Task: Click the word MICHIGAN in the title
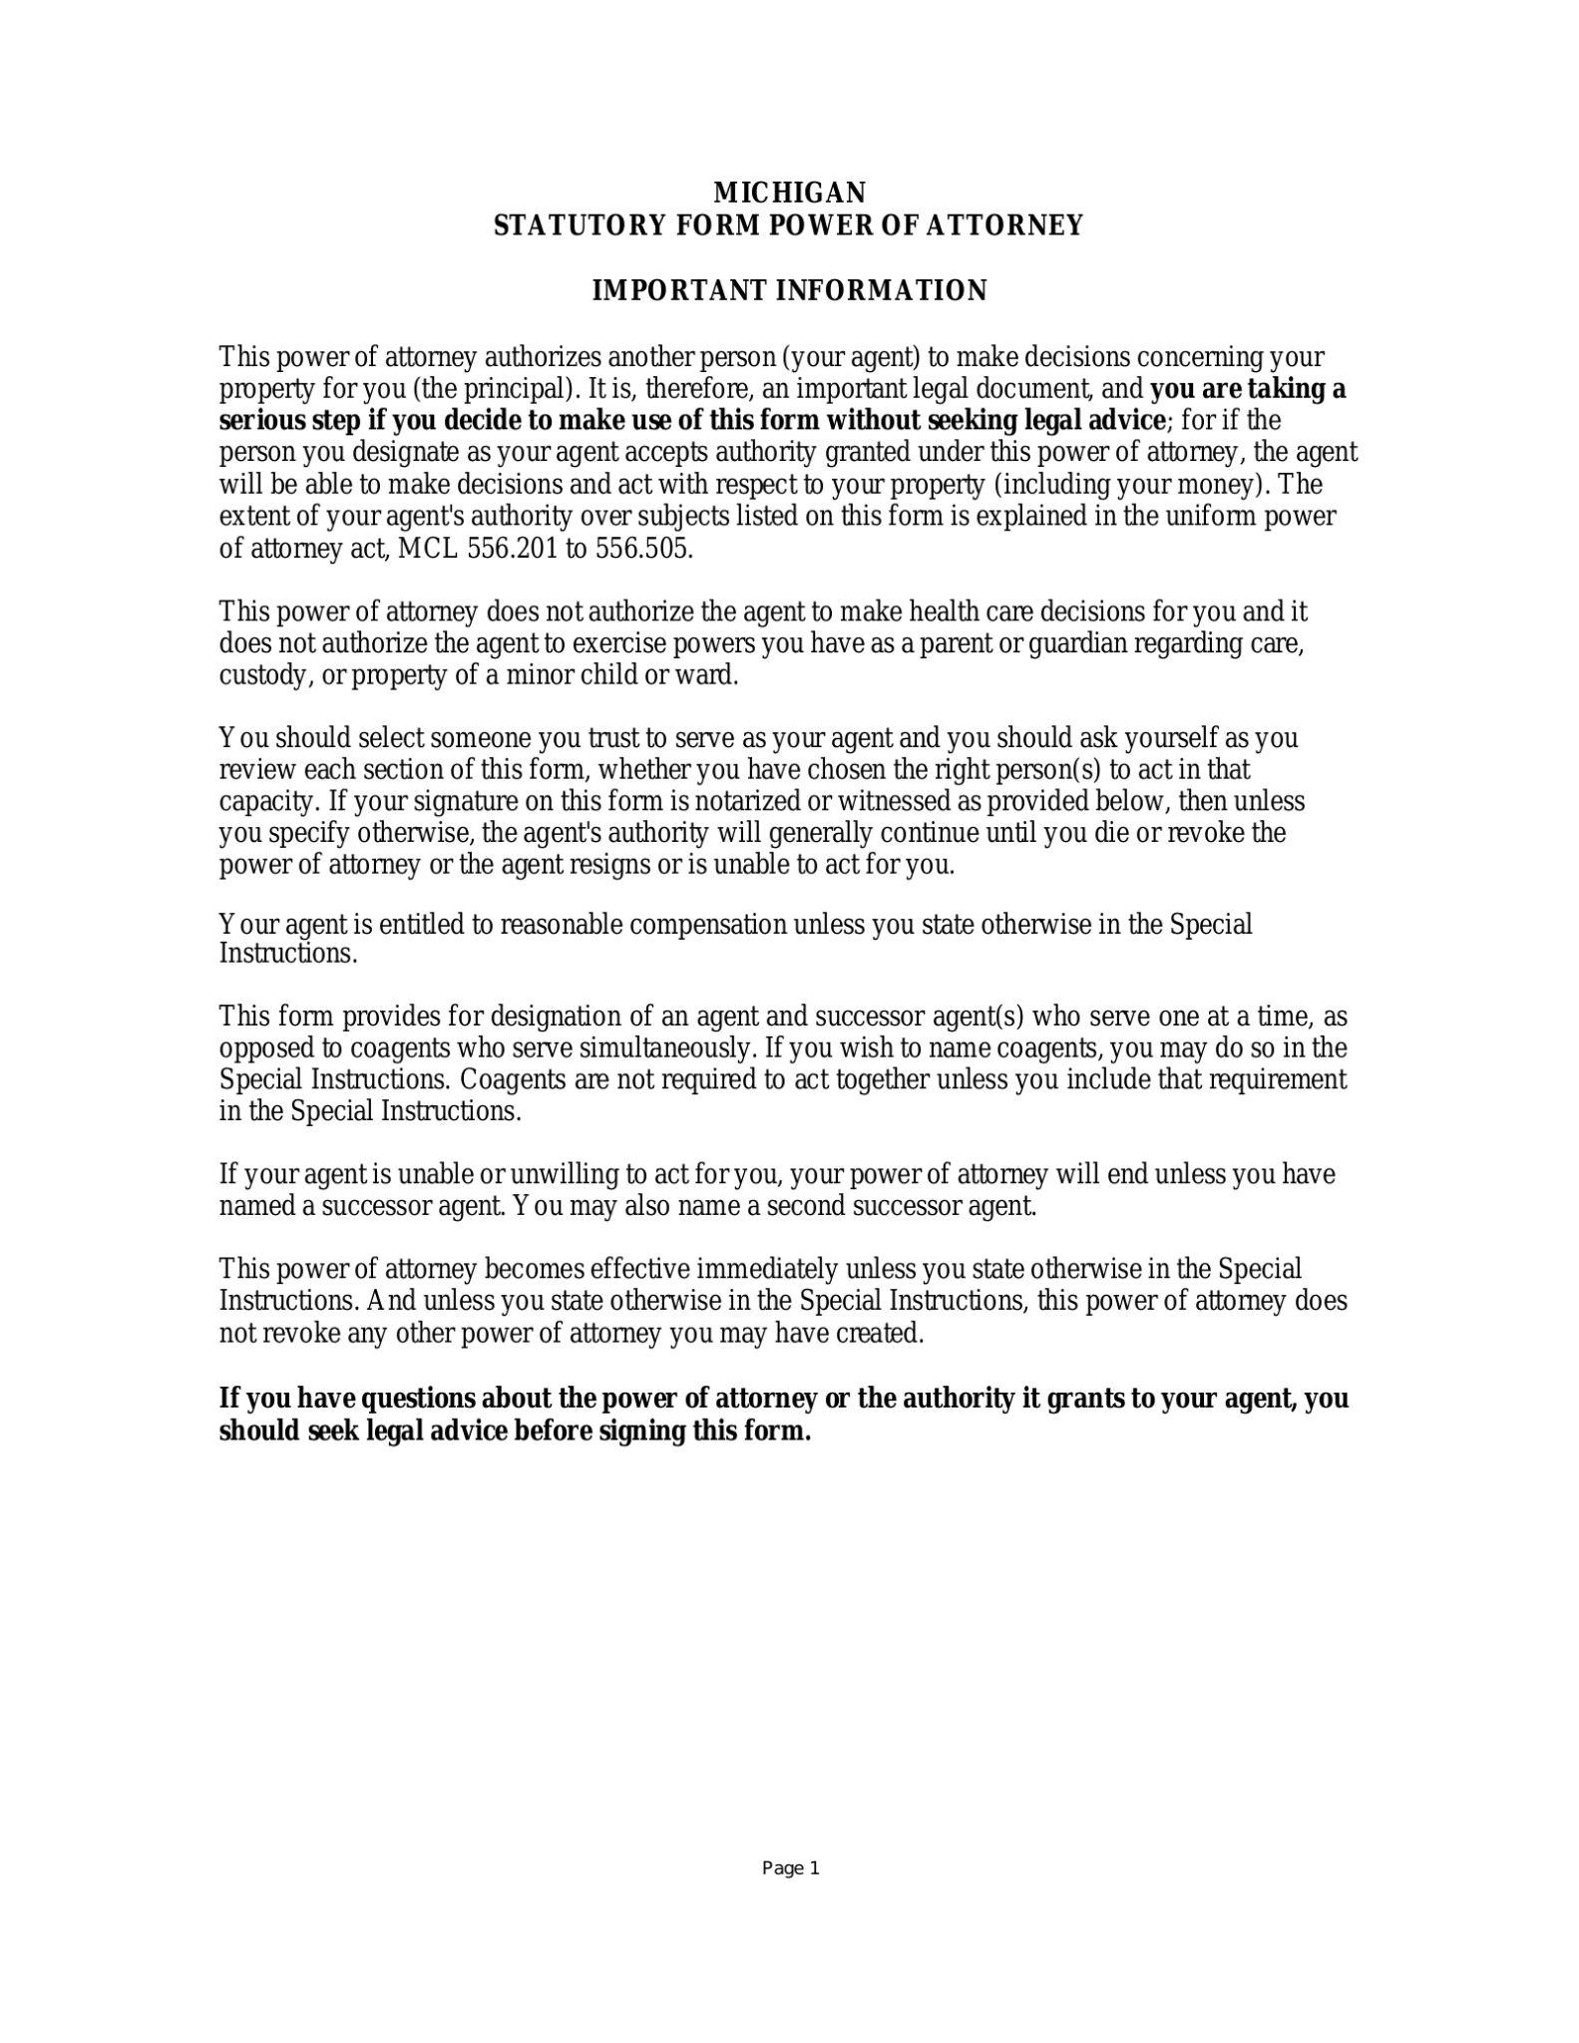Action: (790, 192)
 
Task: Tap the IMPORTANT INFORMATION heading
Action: (789, 290)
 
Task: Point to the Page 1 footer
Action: (790, 1868)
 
